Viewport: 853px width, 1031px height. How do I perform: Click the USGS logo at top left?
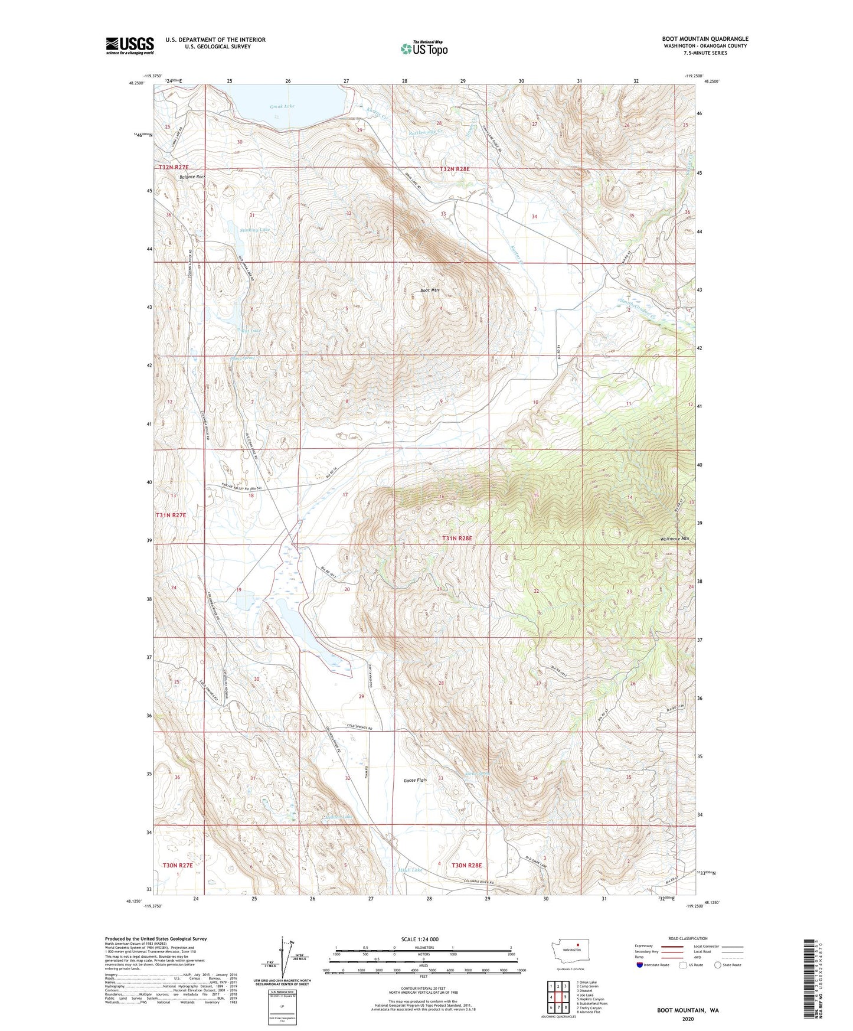(130, 45)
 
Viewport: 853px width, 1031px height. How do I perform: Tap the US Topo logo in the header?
(424, 48)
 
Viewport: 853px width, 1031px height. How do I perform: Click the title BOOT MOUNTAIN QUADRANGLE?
(705, 39)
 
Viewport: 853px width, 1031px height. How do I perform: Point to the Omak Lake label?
(282, 106)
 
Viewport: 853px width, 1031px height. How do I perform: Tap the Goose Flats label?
(415, 780)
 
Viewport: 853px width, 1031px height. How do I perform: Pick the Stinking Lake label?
(255, 230)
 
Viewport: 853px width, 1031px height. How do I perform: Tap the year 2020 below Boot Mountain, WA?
(687, 1019)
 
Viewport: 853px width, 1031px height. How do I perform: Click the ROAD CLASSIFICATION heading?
(688, 938)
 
